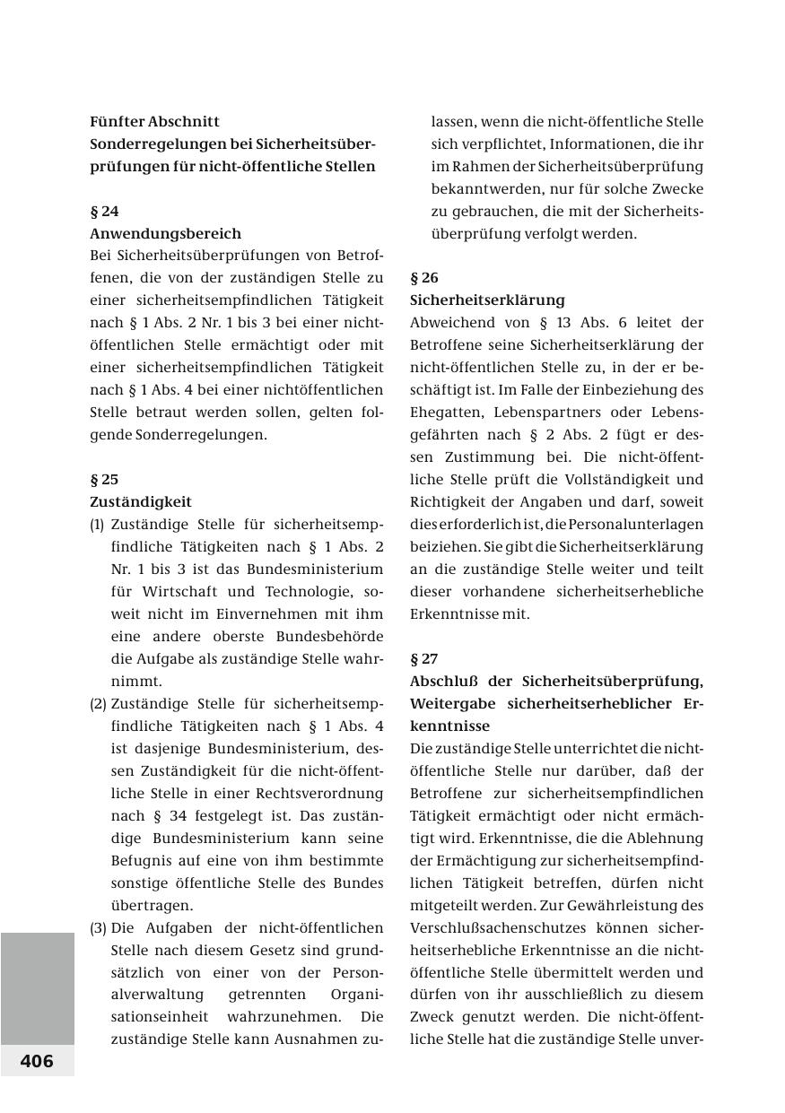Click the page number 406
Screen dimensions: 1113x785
tap(37, 1061)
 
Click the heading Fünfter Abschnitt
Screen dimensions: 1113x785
tap(154, 121)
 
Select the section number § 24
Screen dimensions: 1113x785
tap(104, 211)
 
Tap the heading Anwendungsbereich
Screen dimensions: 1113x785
tap(165, 233)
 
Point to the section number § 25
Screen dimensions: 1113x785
tap(104, 479)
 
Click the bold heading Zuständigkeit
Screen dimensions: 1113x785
tap(141, 501)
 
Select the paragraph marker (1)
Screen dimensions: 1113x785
tap(97, 524)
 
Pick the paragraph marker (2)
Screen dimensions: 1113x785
tap(98, 703)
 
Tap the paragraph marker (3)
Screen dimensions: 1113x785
tap(98, 927)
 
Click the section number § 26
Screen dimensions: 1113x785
tap(424, 277)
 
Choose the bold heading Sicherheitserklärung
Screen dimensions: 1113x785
tap(487, 300)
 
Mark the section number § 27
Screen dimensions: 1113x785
tap(424, 658)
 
